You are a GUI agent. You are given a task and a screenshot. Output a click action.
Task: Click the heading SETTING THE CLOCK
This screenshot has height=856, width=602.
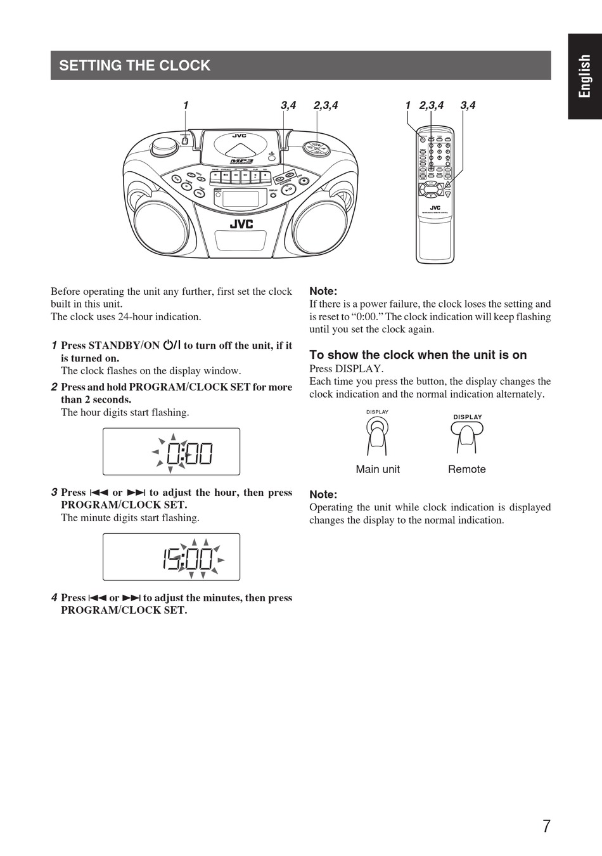(134, 65)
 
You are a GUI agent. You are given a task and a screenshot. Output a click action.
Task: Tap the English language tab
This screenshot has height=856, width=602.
(584, 76)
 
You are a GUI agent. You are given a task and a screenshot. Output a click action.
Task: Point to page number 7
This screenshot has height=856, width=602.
(546, 826)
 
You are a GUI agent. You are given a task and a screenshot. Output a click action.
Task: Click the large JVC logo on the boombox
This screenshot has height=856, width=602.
(241, 224)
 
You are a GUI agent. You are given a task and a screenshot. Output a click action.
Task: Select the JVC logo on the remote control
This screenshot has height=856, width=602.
(435, 207)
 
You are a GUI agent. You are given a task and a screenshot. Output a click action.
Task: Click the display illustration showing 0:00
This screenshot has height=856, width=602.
(171, 451)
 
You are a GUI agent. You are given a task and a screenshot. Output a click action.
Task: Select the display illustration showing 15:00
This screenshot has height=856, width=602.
(171, 557)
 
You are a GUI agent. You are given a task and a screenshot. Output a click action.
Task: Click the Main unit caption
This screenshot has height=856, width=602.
(378, 469)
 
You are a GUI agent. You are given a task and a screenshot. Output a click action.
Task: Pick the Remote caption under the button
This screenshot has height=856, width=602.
(466, 469)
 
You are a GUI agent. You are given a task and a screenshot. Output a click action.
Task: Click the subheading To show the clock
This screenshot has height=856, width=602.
(418, 355)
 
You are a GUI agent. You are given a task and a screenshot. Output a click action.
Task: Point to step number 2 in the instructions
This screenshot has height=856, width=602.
(54, 387)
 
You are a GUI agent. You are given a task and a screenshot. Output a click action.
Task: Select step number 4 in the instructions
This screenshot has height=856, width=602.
(54, 597)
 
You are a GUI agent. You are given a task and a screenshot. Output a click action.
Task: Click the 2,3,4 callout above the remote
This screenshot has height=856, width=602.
(431, 105)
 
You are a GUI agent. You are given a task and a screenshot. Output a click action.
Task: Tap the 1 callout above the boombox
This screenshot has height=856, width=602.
(186, 105)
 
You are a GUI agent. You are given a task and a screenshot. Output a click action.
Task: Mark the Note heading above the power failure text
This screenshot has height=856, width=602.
(323, 291)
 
